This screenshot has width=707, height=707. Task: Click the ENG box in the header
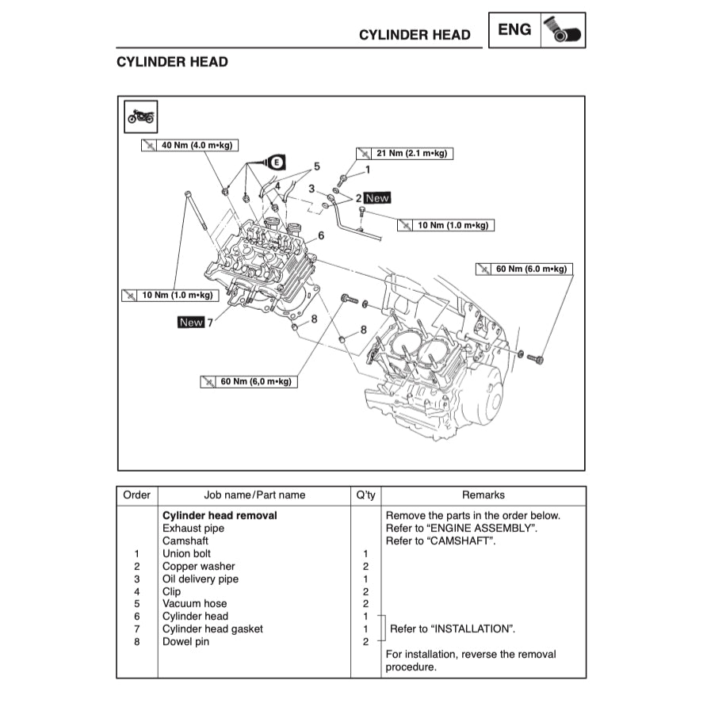[x=515, y=30]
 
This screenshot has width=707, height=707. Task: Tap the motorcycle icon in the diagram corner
[x=142, y=117]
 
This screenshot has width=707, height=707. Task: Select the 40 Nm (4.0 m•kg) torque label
[x=189, y=146]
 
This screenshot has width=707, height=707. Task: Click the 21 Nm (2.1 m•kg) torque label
[x=404, y=153]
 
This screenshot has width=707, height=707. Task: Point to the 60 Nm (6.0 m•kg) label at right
[x=523, y=269]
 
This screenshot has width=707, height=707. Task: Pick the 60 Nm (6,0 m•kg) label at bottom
[x=247, y=382]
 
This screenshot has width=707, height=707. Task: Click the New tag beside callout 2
[x=377, y=199]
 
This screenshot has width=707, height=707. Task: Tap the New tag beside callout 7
[x=191, y=323]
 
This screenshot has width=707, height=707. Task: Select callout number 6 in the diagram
[x=321, y=235]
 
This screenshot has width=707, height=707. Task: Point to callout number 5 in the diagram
[x=317, y=166]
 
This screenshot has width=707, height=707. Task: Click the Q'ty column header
[x=365, y=495]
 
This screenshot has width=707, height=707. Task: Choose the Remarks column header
[x=483, y=495]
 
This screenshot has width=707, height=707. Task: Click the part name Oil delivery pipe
[x=200, y=579]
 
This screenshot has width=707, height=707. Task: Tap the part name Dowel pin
[x=185, y=641]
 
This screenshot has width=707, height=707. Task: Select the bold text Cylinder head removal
[x=220, y=515]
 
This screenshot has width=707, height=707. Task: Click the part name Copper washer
[x=198, y=566]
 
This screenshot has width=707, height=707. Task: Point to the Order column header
[x=136, y=495]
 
